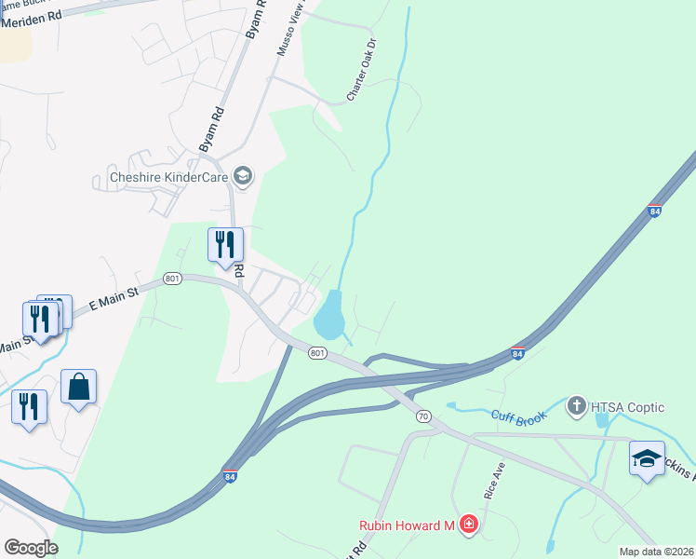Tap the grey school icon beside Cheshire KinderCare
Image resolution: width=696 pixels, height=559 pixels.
point(244,176)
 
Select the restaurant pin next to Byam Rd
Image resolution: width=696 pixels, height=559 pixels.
point(225,245)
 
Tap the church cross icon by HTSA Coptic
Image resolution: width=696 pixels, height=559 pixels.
point(576,405)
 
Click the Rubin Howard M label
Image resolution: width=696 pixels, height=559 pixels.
point(407,525)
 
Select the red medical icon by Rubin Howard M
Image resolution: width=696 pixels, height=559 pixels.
point(468,525)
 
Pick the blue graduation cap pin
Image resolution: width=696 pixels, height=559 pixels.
point(647,459)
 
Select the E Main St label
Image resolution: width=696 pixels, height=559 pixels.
point(113,298)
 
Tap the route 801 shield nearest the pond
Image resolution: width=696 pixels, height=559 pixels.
point(317,353)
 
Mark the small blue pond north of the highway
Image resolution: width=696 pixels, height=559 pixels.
point(330,315)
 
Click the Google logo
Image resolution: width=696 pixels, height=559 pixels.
point(31,548)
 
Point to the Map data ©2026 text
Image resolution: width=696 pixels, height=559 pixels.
point(657,552)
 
